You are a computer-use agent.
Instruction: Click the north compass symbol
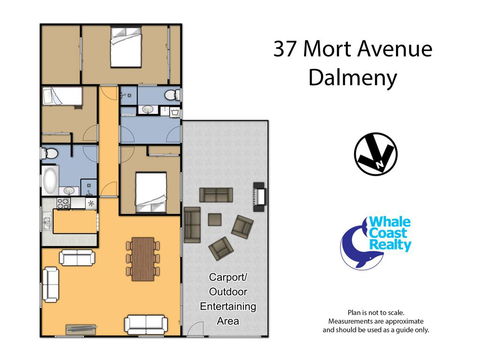[375, 152]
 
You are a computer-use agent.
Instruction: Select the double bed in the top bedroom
[125, 51]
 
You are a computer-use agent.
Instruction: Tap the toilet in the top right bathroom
[173, 96]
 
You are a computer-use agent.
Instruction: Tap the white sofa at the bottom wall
[145, 324]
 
